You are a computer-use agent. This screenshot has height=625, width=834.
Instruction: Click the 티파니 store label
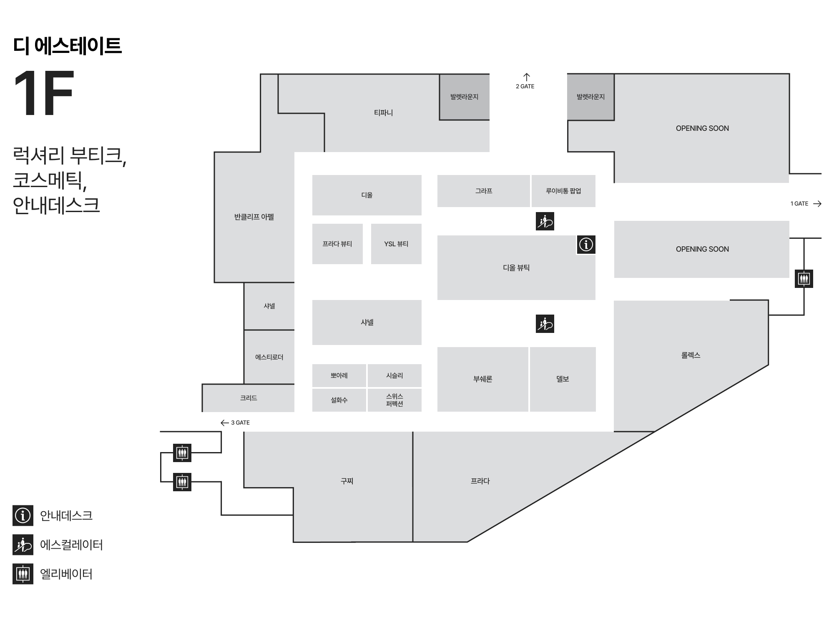point(383,112)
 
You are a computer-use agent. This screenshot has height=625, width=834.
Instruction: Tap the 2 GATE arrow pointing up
point(527,77)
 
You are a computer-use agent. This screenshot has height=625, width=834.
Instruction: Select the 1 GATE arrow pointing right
point(817,204)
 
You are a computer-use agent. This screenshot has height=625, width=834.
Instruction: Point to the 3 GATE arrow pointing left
point(225,423)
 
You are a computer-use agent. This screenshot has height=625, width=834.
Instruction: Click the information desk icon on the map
point(586,245)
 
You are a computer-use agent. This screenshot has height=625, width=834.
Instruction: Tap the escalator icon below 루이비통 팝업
point(545,221)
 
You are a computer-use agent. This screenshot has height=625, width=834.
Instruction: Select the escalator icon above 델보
point(545,324)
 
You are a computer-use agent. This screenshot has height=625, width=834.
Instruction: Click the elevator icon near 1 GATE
point(804,279)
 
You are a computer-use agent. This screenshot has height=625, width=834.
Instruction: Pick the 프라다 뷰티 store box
point(337,244)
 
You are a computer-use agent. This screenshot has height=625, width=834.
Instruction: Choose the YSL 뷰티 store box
point(396,244)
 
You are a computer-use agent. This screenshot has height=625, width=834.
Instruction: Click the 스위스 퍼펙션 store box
point(394,400)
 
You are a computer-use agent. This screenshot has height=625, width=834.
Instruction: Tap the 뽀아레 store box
point(339,375)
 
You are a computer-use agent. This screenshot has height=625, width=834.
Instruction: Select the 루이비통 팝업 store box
point(563,191)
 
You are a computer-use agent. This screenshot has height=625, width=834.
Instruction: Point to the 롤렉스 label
point(691,355)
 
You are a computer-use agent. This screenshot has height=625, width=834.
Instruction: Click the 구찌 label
point(347,481)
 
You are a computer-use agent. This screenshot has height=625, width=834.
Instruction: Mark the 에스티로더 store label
point(269,357)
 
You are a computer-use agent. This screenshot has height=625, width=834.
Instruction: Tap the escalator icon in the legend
point(23,545)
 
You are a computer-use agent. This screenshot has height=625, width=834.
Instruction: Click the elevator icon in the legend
point(23,574)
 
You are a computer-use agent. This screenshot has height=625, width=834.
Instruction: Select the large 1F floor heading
point(44,93)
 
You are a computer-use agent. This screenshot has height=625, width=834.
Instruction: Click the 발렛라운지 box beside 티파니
point(464,97)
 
